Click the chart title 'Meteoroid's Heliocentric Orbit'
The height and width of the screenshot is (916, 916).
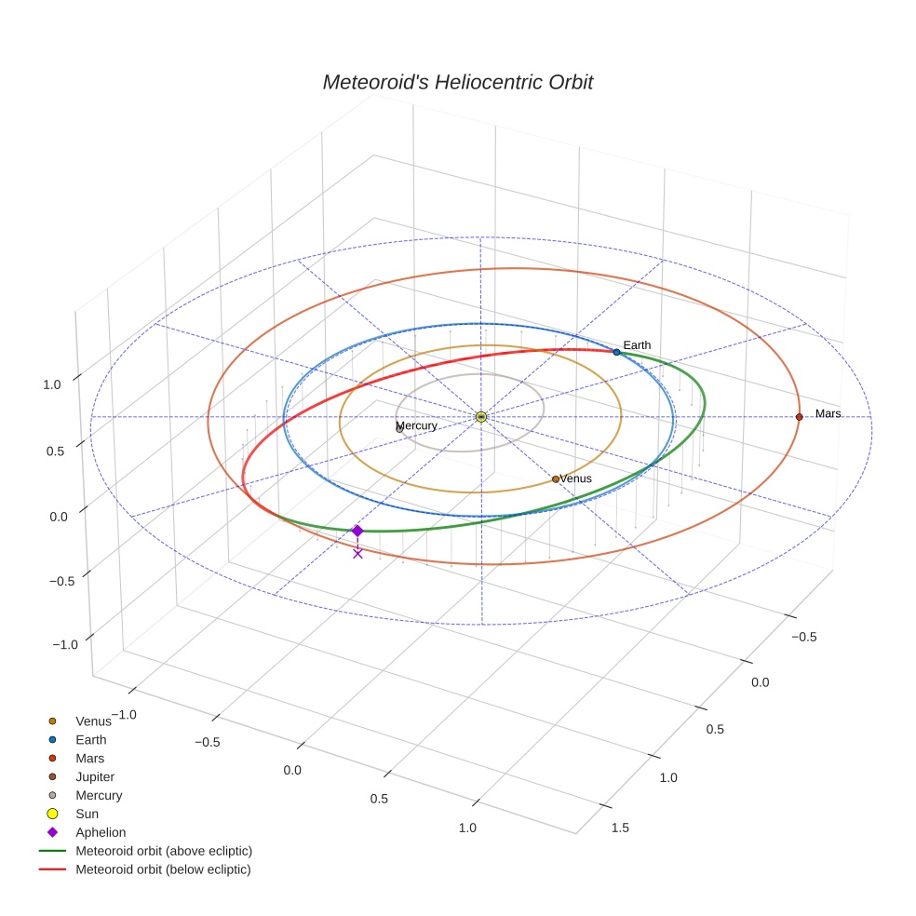tap(457, 82)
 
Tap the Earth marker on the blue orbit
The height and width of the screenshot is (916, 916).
tap(616, 352)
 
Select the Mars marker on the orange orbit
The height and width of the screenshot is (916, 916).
tap(799, 416)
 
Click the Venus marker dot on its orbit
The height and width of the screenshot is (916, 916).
tap(556, 478)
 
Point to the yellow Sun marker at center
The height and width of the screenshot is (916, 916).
tap(480, 416)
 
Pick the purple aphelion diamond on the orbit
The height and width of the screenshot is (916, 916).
tap(357, 531)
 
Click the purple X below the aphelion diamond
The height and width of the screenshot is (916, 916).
tap(357, 553)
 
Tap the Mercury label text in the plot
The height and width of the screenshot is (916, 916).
tap(416, 425)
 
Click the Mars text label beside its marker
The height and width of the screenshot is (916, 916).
tap(828, 413)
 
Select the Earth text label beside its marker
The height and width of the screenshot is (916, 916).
tap(637, 345)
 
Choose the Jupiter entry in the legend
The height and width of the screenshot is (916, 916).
tap(95, 776)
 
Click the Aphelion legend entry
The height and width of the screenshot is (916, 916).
tap(100, 832)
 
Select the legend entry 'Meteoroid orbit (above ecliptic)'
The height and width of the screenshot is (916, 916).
tap(163, 851)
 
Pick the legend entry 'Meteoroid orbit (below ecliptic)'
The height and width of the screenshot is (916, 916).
tap(163, 869)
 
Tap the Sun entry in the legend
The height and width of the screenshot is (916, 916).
tap(87, 814)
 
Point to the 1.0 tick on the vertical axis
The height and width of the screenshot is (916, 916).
tap(52, 384)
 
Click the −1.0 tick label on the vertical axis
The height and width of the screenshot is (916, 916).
tap(64, 644)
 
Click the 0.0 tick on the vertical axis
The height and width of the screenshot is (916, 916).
tap(58, 517)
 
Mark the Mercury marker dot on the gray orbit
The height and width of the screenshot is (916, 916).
tap(399, 428)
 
